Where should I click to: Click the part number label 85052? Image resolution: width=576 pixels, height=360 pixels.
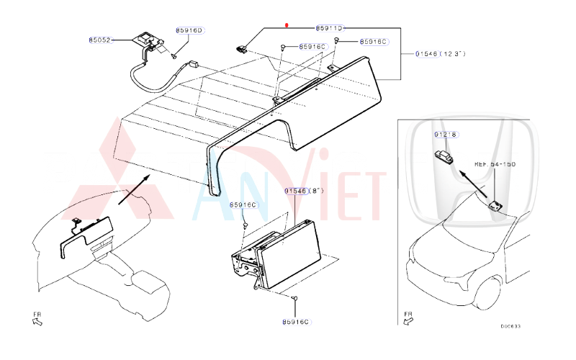(101, 40)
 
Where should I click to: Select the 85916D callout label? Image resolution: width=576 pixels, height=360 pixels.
(190, 30)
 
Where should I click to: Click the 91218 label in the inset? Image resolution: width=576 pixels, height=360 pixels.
(446, 135)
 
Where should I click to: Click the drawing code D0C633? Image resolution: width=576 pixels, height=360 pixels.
(510, 326)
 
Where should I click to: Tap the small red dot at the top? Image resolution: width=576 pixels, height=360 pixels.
(287, 24)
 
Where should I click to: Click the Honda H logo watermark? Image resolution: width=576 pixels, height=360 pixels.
(472, 173)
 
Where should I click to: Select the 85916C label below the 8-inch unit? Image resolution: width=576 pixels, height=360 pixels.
(295, 322)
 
